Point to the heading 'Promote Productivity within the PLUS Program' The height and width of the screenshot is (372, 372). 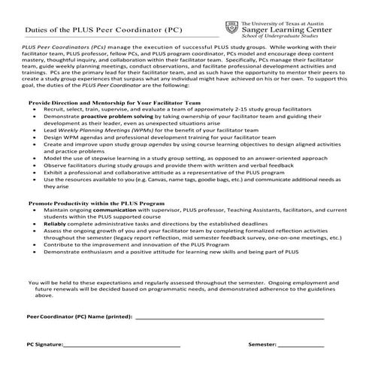coord(96,203)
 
